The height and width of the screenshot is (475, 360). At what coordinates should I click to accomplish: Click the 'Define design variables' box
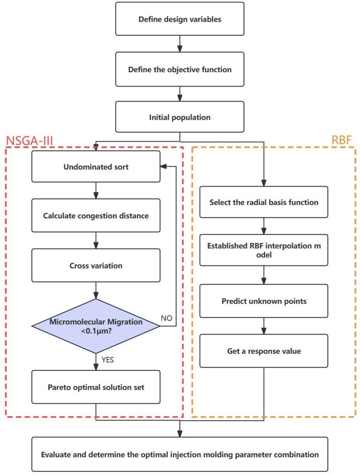coord(180,21)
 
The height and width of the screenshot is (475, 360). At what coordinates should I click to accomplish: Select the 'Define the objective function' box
coord(180,69)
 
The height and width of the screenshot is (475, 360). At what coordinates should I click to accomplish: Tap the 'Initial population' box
coord(180,117)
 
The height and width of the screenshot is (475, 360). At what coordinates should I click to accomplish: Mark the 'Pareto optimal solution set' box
coord(95,388)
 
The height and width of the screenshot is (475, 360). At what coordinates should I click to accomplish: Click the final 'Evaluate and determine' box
coord(180,455)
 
